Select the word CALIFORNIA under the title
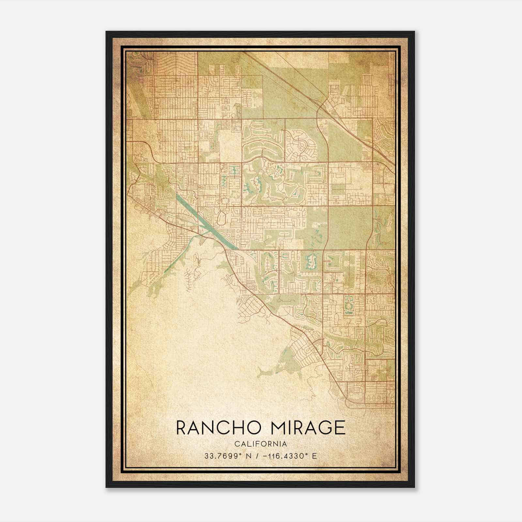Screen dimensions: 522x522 tap(261, 444)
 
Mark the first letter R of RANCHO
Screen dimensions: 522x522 tap(181, 428)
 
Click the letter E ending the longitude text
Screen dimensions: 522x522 tap(315, 456)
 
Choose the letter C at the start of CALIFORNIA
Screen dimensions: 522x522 tap(236, 444)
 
